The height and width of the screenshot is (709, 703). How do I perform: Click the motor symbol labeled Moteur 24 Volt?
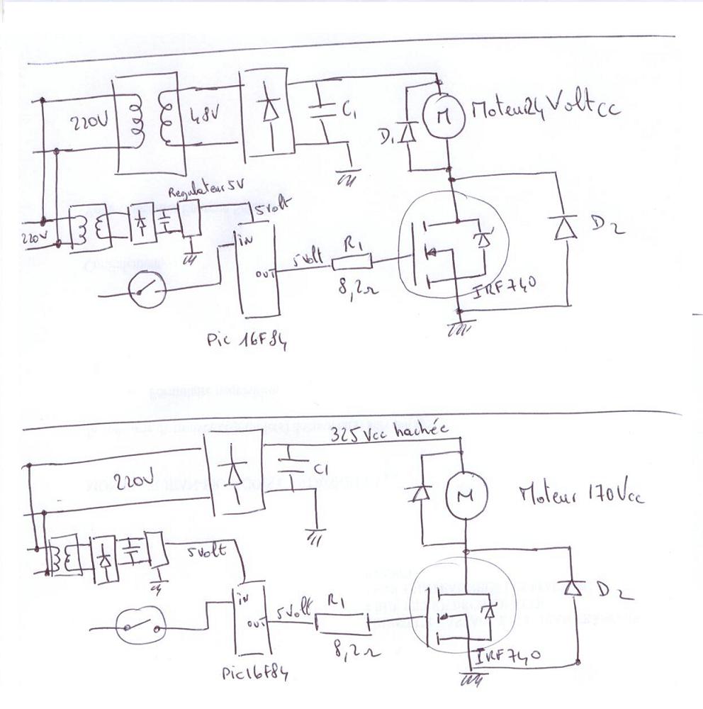pos(443,115)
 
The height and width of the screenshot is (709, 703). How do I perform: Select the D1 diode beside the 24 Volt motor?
pos(407,133)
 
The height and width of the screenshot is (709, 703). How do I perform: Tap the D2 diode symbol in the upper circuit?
pos(564,228)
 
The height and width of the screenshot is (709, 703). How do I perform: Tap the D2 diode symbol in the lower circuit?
pos(572,586)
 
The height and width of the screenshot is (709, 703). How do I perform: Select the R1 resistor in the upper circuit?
pos(352,262)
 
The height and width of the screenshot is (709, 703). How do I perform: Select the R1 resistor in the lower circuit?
pos(342,623)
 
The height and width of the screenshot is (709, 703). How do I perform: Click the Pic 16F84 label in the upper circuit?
pos(247,338)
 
